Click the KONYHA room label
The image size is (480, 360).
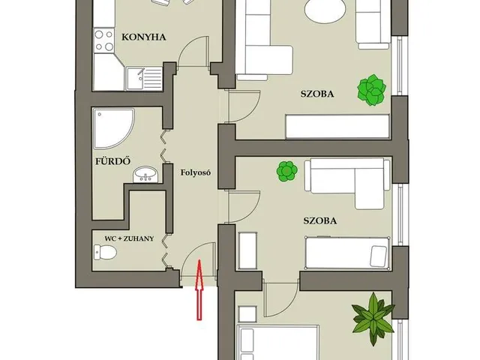(x=143, y=37)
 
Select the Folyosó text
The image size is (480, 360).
(x=196, y=172)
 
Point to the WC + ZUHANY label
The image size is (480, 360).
(x=129, y=238)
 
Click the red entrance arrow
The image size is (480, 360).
(x=199, y=289)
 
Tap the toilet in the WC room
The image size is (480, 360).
(x=105, y=253)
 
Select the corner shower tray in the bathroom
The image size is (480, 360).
(x=113, y=128)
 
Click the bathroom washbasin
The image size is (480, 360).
(x=145, y=175)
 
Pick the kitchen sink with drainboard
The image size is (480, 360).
(x=144, y=79)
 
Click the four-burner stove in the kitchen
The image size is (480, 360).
(x=103, y=40)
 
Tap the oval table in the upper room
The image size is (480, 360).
(x=325, y=10)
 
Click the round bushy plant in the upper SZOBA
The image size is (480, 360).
(x=372, y=90)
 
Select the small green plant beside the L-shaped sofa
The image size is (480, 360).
(x=286, y=172)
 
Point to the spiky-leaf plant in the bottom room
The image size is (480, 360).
(x=373, y=319)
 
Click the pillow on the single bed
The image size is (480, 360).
(x=378, y=256)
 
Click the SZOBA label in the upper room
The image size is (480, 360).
(x=317, y=94)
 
